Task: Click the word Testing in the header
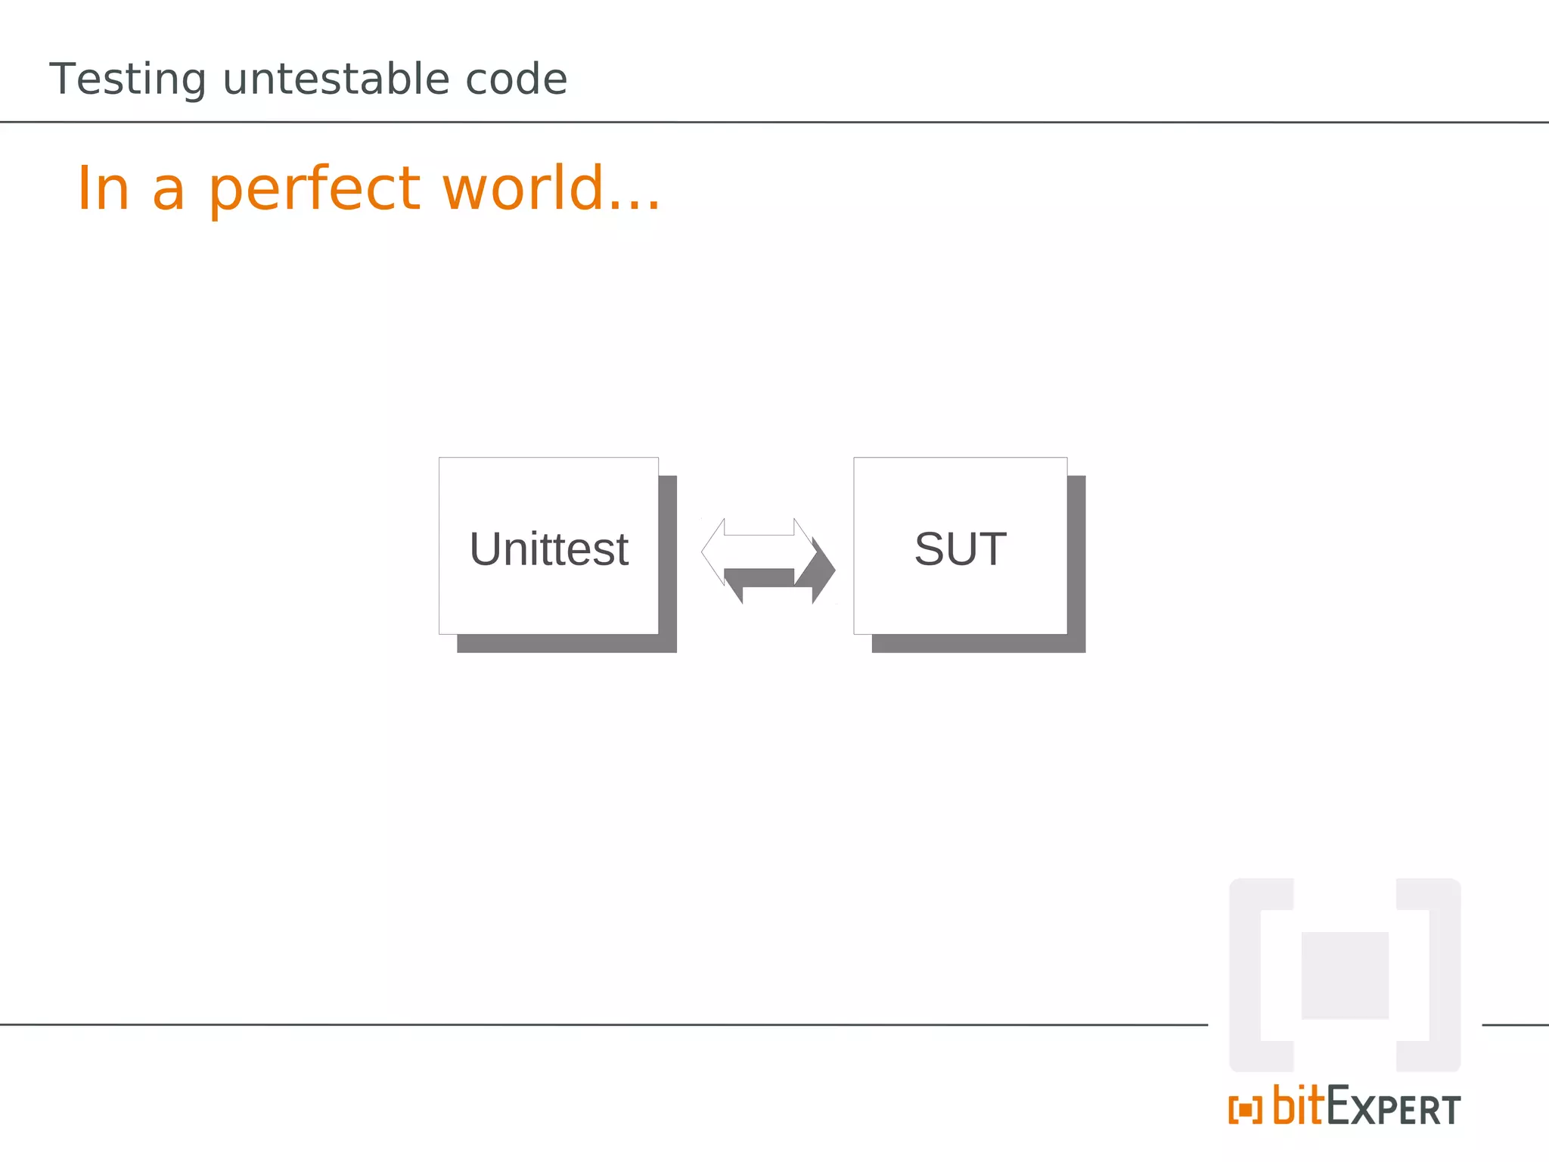127,79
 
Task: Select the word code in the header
516,79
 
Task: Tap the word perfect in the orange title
314,189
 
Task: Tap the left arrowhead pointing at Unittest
713,551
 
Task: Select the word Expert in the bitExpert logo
1394,1109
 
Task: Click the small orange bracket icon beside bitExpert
1245,1111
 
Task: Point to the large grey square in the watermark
1345,975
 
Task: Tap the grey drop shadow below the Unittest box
567,644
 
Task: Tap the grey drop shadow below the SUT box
979,644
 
